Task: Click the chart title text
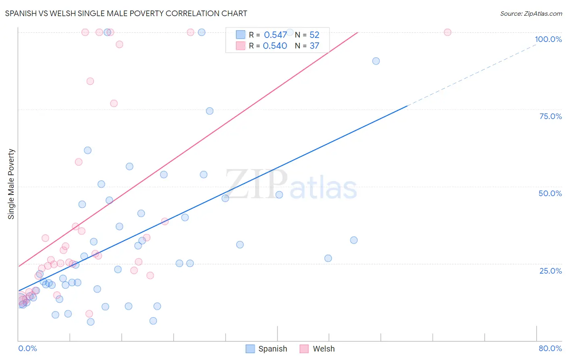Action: (x=126, y=13)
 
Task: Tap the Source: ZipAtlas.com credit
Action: (x=531, y=13)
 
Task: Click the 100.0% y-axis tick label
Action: (x=548, y=39)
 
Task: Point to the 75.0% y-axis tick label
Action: (x=550, y=116)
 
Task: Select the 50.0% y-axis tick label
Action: (x=550, y=193)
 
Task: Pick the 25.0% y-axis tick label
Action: (x=550, y=271)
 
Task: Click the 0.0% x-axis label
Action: (x=27, y=348)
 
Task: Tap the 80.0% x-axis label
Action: (x=550, y=348)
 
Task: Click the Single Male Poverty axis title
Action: (x=11, y=184)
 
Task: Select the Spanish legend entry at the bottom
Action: (x=267, y=349)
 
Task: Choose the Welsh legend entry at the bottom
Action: (x=317, y=349)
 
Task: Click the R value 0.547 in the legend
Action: (x=275, y=35)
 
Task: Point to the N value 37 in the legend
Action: (x=314, y=46)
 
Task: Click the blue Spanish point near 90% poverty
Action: (x=376, y=61)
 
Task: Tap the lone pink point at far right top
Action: (x=447, y=32)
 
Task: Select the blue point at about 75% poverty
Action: (x=210, y=111)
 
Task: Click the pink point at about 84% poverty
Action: (x=90, y=81)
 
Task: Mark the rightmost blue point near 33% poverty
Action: (x=354, y=240)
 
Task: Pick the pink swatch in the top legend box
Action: (x=241, y=46)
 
